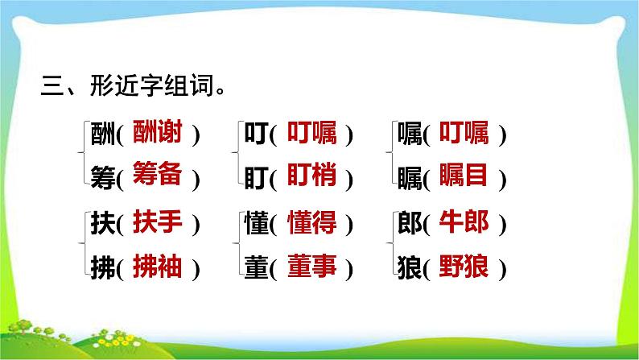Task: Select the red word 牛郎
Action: (x=464, y=221)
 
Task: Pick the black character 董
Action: (x=255, y=268)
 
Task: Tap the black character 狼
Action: (x=409, y=268)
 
